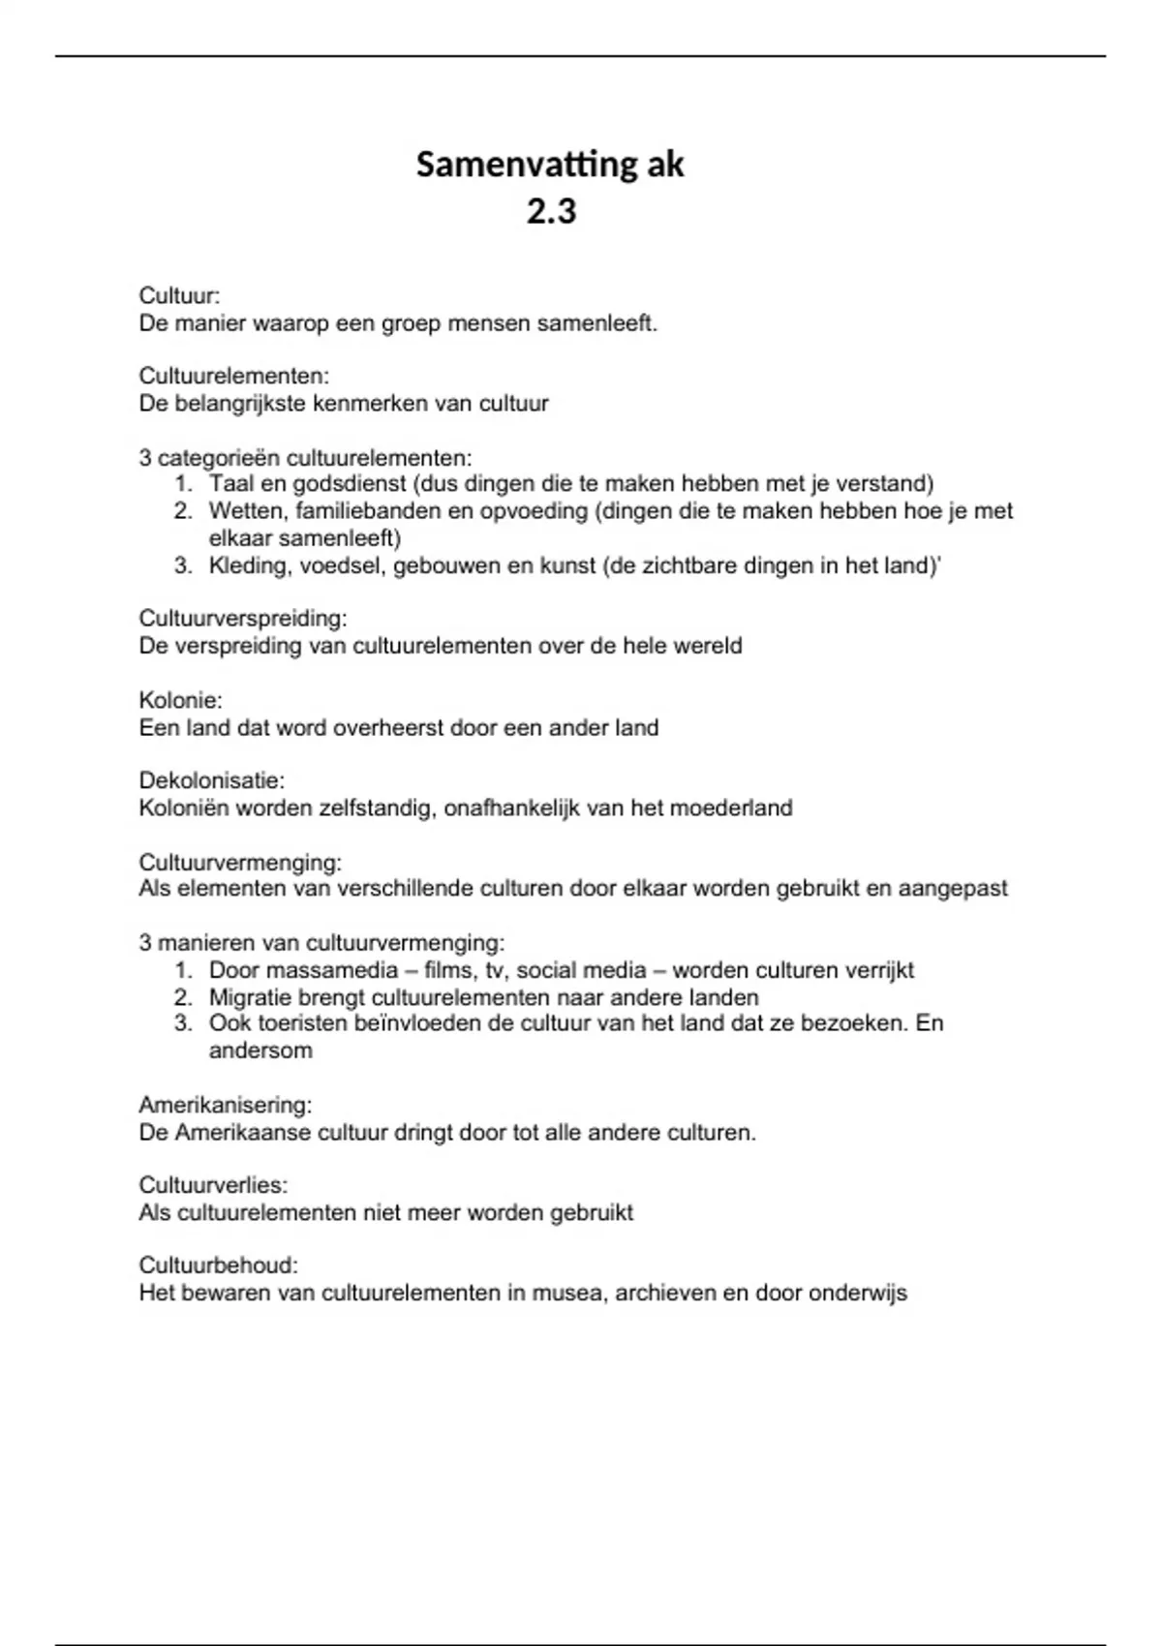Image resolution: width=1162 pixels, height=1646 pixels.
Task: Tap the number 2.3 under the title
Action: coord(551,211)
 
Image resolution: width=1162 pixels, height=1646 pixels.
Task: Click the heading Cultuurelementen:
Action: coord(233,376)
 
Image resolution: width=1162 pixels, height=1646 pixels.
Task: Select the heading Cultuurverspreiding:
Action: coord(242,618)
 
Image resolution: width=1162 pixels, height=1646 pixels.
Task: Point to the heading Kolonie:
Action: coord(180,699)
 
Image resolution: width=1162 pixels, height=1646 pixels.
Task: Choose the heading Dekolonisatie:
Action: coord(211,780)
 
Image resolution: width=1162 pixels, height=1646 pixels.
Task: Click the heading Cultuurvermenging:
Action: coord(240,862)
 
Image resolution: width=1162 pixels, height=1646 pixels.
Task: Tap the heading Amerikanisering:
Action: coord(225,1105)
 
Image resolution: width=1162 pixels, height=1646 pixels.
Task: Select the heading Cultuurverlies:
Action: coord(213,1185)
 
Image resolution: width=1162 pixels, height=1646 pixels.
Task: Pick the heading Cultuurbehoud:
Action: coord(218,1265)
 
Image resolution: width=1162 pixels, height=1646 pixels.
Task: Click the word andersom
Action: coord(260,1051)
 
